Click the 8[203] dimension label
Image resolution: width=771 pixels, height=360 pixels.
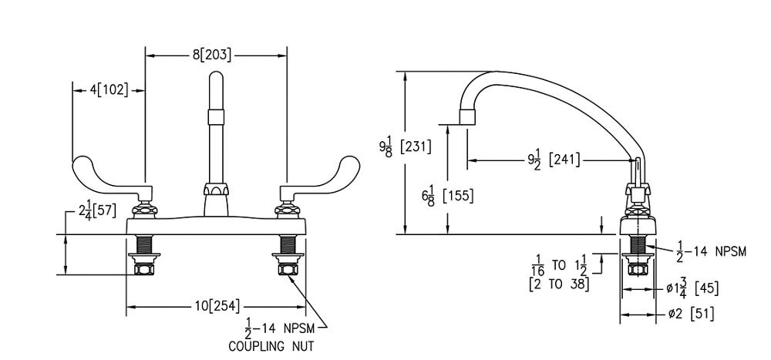tap(212, 55)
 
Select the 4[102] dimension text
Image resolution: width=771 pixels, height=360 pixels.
tap(109, 89)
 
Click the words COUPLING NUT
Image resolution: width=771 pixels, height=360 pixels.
tap(271, 346)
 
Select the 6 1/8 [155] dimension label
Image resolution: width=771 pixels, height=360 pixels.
tap(448, 195)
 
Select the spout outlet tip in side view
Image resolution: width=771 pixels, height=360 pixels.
tap(466, 118)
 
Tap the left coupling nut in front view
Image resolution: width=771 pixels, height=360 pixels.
tap(143, 268)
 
